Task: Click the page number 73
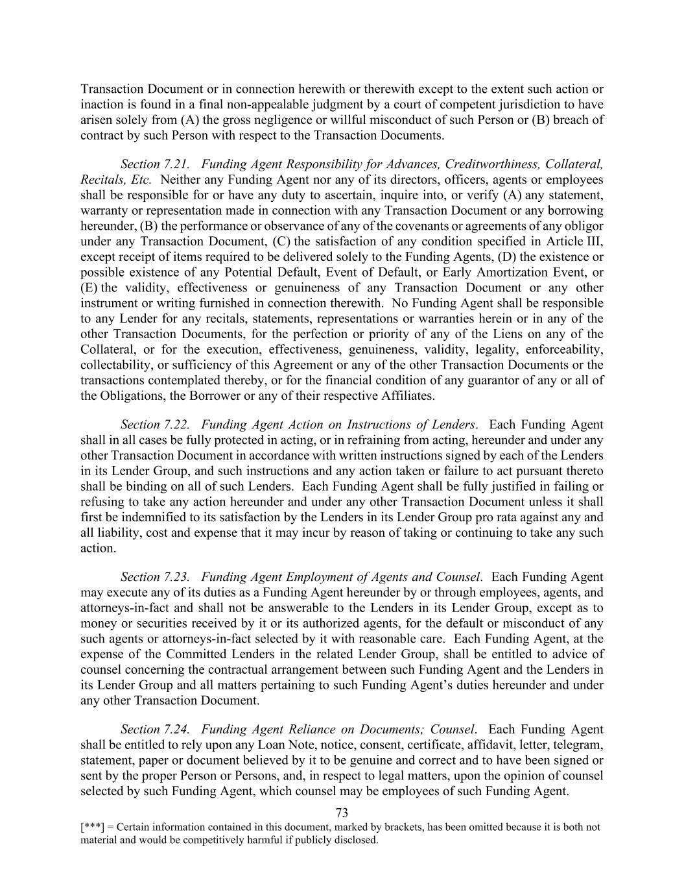tap(342, 813)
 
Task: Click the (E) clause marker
tap(89, 288)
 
